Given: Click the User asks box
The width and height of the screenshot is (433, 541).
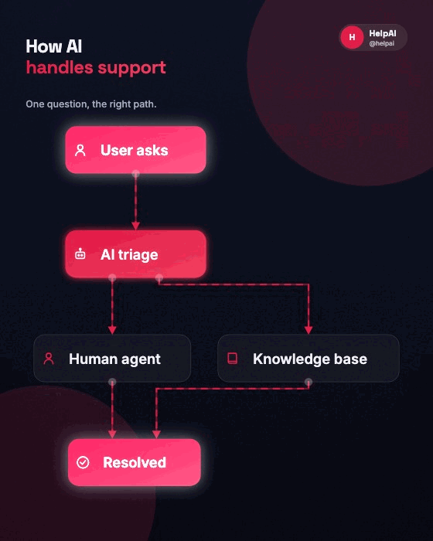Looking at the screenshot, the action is [136, 150].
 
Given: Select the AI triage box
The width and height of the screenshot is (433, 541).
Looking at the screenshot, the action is [136, 254].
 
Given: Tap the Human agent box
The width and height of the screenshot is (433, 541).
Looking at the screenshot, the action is [112, 359].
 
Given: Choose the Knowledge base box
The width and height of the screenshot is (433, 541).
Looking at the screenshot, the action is [309, 359].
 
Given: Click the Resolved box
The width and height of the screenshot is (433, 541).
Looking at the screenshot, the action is [135, 462].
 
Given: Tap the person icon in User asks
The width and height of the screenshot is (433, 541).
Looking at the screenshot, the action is [80, 150].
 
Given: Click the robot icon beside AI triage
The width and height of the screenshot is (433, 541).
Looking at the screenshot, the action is [80, 254].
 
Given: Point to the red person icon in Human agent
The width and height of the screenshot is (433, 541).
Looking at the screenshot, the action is [49, 359].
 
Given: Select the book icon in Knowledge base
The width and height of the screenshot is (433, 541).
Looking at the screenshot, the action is [233, 359].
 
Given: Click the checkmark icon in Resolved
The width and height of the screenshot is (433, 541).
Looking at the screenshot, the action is [83, 462].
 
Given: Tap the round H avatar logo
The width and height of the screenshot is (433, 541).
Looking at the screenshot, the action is [352, 37].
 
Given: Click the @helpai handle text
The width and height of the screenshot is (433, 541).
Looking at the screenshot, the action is [381, 43].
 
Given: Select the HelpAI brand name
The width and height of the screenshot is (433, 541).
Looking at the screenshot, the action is [383, 33].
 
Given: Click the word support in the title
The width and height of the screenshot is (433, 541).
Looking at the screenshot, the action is [132, 68].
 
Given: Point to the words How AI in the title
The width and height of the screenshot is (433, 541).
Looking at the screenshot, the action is [54, 46].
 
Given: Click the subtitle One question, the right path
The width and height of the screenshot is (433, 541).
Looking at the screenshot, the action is [91, 104].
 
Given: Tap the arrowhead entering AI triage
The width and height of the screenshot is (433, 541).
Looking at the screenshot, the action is [136, 226].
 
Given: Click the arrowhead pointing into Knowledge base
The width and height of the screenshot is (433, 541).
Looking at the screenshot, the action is [309, 330].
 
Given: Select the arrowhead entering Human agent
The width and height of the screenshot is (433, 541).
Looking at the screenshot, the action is [112, 330].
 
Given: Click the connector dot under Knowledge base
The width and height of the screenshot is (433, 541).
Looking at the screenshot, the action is [309, 382].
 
